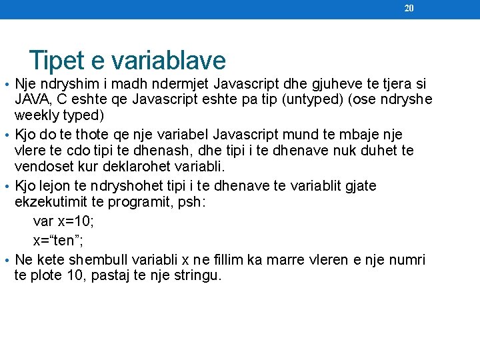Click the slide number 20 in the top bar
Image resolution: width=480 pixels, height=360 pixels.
(409, 8)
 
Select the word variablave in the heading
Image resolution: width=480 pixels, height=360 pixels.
(169, 61)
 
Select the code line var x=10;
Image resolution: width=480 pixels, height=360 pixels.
(63, 223)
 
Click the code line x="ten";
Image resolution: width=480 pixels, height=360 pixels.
(63, 241)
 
